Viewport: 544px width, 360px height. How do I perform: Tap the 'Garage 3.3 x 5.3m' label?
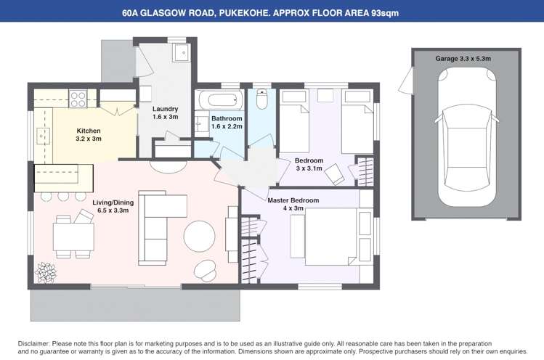click(x=463, y=58)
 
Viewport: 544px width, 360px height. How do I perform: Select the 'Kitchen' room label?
click(x=89, y=131)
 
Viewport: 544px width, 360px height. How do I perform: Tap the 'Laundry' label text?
click(x=166, y=109)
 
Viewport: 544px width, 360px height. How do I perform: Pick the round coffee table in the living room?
click(x=200, y=237)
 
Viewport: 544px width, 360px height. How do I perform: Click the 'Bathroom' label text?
click(x=227, y=118)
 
